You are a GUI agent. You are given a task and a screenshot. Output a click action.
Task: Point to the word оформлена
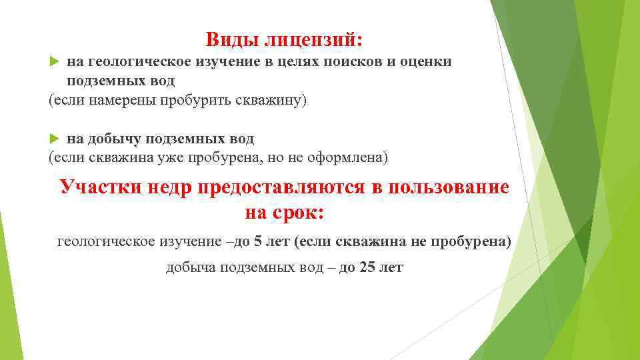pyautogui.click(x=344, y=158)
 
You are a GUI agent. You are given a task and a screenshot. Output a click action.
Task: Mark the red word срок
pyautogui.click(x=298, y=213)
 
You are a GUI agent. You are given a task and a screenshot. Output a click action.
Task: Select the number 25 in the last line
pyautogui.click(x=367, y=268)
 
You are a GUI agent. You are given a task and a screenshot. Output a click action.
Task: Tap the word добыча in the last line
pyautogui.click(x=189, y=268)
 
